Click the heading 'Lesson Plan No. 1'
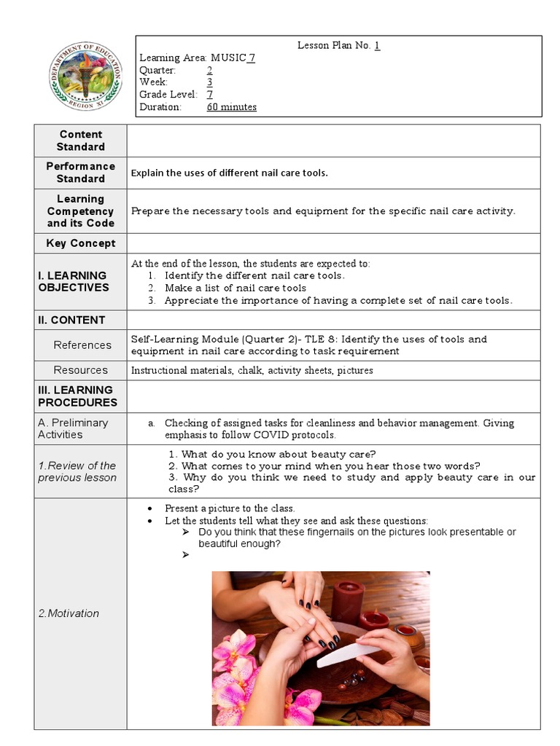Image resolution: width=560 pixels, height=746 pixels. click(338, 45)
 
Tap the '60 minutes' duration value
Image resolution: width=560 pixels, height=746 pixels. click(231, 107)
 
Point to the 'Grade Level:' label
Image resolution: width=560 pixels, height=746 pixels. click(168, 95)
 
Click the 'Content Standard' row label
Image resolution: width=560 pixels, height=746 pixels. click(81, 141)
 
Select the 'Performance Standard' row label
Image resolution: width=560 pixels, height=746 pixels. click(81, 173)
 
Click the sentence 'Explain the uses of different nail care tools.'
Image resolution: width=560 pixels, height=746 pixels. click(229, 173)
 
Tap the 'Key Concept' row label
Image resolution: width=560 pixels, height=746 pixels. click(81, 243)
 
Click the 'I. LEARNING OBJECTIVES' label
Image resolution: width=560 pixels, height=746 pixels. click(72, 281)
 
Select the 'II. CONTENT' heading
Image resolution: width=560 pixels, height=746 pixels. click(71, 320)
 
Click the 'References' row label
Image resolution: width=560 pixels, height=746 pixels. click(82, 345)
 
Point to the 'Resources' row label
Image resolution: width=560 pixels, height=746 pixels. click(80, 370)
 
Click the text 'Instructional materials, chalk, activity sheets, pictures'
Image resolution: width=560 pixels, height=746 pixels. click(252, 371)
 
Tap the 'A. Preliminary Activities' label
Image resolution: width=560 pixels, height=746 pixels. click(73, 428)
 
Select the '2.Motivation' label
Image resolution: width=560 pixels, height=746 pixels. click(69, 613)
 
